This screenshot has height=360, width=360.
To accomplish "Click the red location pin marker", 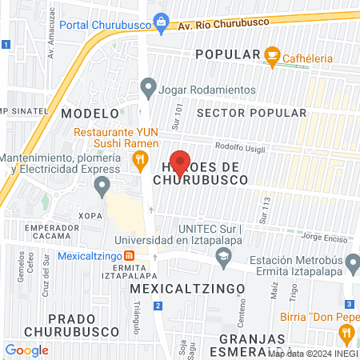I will [179, 162].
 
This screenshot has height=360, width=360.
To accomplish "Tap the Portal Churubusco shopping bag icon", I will [162, 20].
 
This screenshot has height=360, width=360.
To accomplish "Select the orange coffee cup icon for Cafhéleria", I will [272, 54].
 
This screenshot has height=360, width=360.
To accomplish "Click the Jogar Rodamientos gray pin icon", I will [147, 86].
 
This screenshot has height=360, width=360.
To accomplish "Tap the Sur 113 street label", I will [262, 210].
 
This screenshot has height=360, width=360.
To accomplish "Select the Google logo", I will [26, 350].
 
